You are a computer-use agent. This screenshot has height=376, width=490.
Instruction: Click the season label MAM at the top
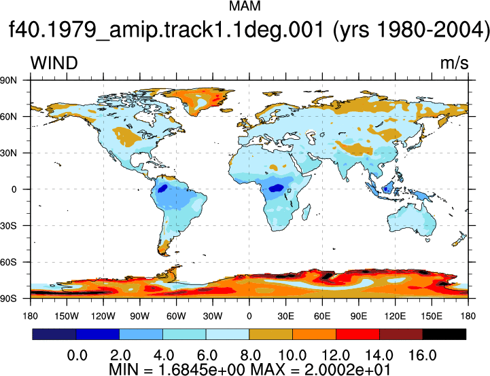click(245, 6)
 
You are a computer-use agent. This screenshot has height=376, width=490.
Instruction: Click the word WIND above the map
click(54, 63)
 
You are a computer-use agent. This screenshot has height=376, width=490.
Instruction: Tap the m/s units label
click(455, 63)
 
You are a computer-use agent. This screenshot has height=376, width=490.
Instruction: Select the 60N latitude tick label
click(8, 117)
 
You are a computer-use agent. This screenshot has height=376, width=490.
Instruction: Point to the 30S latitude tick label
click(8, 225)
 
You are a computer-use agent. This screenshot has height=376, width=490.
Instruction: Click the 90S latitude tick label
click(8, 299)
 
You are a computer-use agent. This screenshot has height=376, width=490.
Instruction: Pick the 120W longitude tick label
click(103, 316)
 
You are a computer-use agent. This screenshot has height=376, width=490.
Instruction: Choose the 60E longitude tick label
click(322, 316)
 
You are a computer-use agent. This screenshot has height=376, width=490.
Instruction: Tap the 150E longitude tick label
click(432, 316)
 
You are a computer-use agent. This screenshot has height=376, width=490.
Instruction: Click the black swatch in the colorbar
click(444, 334)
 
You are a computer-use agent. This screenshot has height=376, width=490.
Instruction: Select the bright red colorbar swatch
click(357, 334)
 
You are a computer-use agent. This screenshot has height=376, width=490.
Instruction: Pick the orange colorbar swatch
click(315, 334)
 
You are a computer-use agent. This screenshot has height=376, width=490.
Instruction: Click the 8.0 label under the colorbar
click(251, 356)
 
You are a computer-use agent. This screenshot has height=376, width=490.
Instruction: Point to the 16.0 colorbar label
click(423, 356)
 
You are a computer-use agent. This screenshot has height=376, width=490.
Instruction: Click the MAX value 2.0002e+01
click(347, 370)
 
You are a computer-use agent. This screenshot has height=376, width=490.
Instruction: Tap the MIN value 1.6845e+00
click(203, 370)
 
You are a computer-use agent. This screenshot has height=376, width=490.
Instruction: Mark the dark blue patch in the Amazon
click(162, 188)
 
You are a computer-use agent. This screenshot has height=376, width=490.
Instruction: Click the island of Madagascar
click(307, 212)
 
